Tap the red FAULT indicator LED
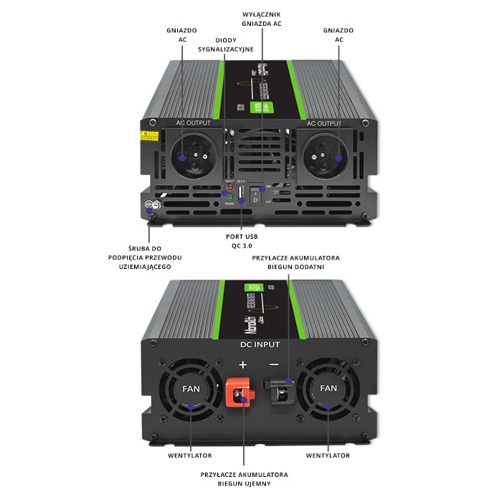230,188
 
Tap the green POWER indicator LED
230,196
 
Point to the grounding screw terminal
151,206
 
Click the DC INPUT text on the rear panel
260,345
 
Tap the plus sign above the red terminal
242,364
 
